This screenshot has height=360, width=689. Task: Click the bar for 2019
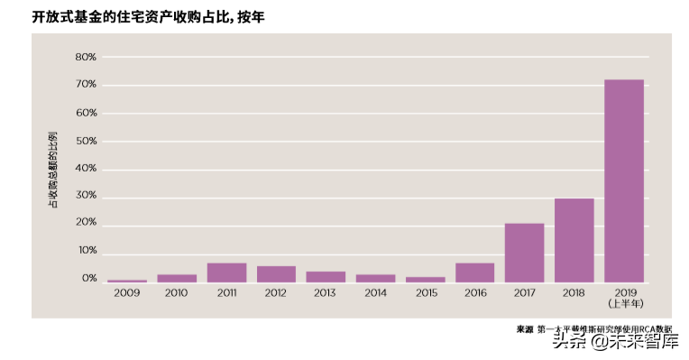(x=624, y=180)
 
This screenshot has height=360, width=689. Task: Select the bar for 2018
(x=574, y=240)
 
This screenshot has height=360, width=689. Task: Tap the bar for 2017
(x=524, y=253)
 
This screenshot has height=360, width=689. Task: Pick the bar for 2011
(x=226, y=272)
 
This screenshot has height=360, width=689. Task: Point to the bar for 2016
(x=474, y=272)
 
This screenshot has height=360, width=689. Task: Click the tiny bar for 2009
(x=127, y=281)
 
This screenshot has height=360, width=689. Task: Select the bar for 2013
(x=326, y=276)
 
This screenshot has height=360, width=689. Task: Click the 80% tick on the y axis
(x=86, y=57)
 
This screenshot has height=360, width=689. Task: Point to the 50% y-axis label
(x=86, y=141)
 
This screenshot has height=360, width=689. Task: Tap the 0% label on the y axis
(x=88, y=279)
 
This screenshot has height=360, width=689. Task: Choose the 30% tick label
(x=86, y=197)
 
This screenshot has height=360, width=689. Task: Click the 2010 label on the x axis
(x=177, y=293)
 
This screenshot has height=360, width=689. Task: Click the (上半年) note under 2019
(x=624, y=304)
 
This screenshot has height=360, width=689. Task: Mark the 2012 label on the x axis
(x=276, y=293)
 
